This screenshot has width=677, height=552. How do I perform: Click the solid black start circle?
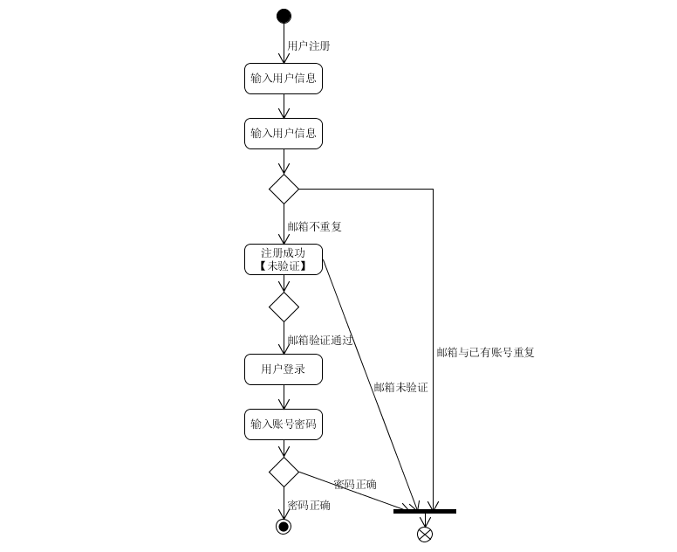[x=284, y=16]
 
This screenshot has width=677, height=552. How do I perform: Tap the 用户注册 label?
[x=308, y=45]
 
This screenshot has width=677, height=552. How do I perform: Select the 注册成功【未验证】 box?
[x=284, y=259]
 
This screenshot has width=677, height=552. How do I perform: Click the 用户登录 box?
[x=284, y=369]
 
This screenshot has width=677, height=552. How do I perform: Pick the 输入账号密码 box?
[x=284, y=424]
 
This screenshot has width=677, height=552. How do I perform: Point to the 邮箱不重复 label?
[x=314, y=226]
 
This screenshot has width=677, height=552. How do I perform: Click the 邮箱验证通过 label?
[x=319, y=340]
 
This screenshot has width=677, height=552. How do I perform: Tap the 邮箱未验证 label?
[x=400, y=387]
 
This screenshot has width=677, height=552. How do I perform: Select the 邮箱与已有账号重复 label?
[x=485, y=353]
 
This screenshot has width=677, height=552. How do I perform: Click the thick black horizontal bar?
[x=425, y=511]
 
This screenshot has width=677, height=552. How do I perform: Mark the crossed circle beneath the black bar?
[x=425, y=534]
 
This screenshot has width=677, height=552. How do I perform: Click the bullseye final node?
[x=284, y=526]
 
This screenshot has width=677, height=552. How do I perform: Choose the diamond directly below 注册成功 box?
[x=284, y=307]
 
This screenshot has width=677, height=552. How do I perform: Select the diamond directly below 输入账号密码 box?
[x=284, y=472]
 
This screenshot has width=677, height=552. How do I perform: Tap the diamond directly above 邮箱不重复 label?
[x=284, y=189]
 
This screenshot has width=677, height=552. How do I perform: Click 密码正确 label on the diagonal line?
[x=355, y=484]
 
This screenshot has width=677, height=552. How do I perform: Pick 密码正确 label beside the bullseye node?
[x=309, y=505]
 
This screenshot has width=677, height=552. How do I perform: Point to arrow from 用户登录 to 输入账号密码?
[x=284, y=397]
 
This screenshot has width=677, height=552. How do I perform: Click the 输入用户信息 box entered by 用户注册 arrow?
[x=284, y=79]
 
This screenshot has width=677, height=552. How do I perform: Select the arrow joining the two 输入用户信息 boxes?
[x=284, y=107]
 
